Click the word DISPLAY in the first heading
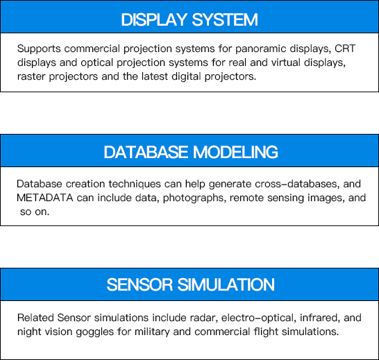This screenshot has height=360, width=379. (x=154, y=19)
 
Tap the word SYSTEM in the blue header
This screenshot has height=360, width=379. (x=225, y=19)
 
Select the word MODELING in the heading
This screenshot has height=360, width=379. (x=235, y=152)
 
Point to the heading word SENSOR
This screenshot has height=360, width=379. (x=140, y=284)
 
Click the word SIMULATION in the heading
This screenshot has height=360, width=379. (x=226, y=284)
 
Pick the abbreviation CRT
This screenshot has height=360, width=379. (x=345, y=49)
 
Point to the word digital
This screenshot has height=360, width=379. (x=186, y=77)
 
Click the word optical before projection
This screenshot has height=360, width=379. (x=96, y=63)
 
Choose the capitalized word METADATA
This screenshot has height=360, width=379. (x=44, y=198)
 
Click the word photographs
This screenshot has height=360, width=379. (x=194, y=198)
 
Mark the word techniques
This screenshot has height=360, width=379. (x=135, y=185)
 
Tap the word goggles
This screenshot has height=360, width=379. (x=94, y=332)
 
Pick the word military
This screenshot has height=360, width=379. (x=152, y=332)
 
